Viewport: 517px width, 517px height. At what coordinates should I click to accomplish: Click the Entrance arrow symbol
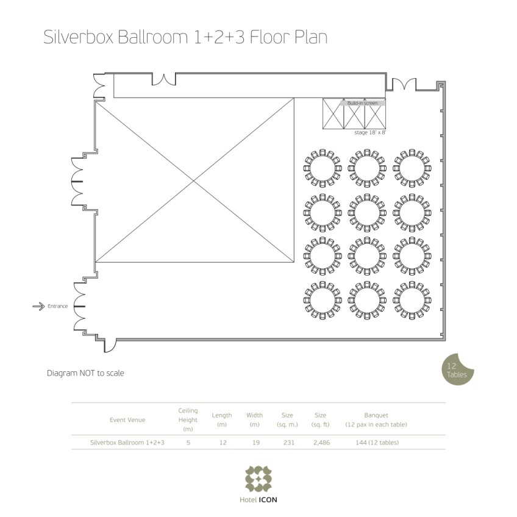point(38,306)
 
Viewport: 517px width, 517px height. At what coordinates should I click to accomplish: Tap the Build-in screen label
point(362,103)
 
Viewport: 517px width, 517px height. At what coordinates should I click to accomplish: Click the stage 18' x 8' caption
point(370,132)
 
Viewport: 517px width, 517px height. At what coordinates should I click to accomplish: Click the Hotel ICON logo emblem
point(258,479)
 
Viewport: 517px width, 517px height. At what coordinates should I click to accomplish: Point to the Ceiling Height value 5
point(188,443)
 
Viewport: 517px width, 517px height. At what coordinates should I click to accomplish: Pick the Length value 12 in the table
point(222,443)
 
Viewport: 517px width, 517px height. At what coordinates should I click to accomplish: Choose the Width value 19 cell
point(254,443)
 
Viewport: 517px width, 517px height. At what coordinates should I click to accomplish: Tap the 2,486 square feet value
point(320,443)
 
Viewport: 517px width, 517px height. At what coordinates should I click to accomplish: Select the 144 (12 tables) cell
point(376,443)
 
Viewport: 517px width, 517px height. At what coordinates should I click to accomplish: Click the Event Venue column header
point(127,419)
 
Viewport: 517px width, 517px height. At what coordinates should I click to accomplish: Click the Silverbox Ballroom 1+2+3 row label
point(127,443)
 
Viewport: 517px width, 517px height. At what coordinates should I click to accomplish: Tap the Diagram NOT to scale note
point(85,373)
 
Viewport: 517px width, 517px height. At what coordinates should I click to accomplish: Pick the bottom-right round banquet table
point(411,300)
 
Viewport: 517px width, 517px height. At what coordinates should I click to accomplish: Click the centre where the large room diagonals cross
point(194,181)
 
